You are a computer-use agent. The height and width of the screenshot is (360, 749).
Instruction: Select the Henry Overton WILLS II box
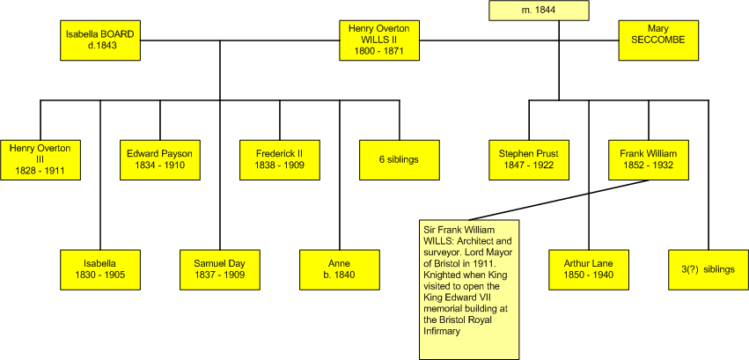pos(379,41)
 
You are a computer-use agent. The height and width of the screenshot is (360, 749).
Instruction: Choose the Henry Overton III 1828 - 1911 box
pos(40,158)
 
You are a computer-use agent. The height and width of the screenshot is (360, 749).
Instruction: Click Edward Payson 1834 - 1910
pos(159,158)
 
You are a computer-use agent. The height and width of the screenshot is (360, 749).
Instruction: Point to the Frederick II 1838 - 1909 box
pos(280,158)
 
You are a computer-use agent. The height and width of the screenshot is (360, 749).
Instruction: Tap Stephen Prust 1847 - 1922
pos(528,158)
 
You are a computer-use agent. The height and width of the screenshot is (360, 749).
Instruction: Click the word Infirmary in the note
pos(445,332)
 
